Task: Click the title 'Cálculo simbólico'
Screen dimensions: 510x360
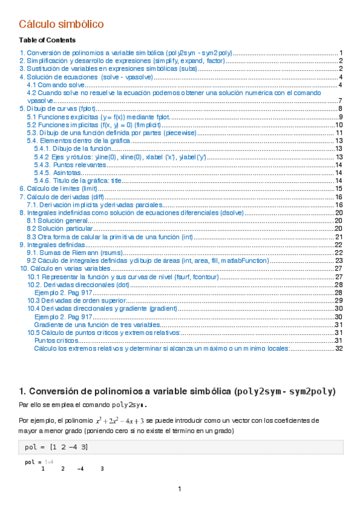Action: pos(61,24)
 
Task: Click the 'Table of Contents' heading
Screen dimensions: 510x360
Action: pos(47,40)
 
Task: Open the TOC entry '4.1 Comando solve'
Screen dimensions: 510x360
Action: pos(55,85)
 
